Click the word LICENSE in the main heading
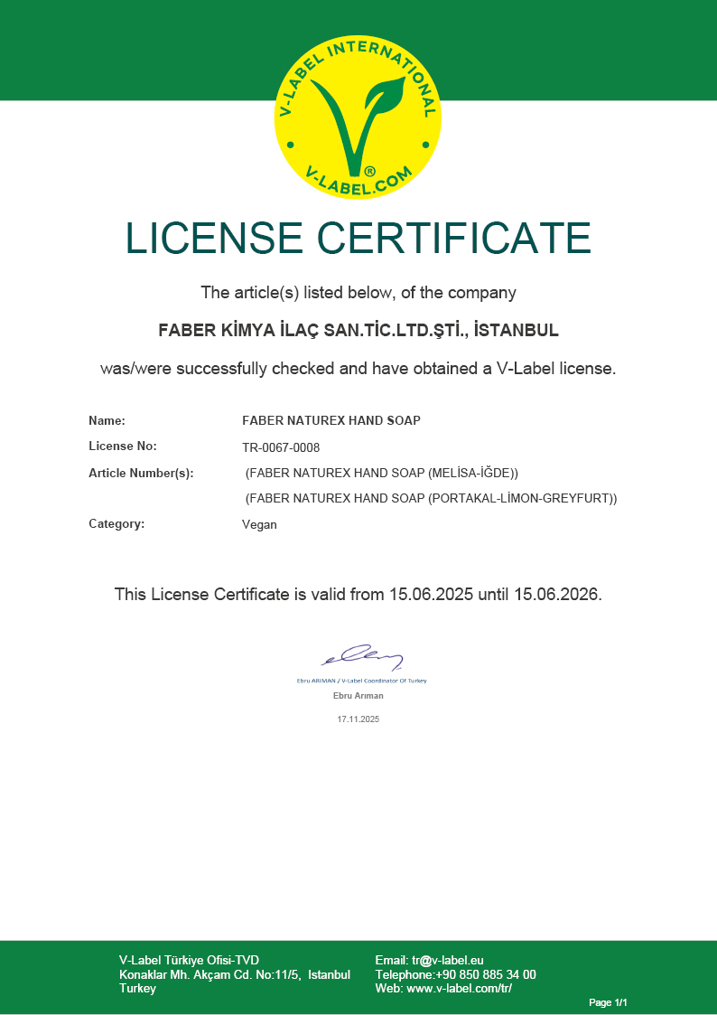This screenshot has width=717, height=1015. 214,238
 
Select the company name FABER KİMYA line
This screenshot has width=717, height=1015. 358,330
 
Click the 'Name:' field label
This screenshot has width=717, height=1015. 107,420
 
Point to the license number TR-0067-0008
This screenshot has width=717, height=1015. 281,447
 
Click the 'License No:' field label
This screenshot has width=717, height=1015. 123,446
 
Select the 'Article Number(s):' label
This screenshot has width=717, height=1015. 141,473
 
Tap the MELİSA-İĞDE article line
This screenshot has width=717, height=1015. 382,473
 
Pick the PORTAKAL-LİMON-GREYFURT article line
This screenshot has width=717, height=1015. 431,498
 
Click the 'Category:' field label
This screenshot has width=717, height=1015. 116,523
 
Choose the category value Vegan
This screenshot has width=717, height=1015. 259,524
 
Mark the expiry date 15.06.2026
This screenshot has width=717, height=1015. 556,595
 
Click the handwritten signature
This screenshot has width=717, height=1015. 361,657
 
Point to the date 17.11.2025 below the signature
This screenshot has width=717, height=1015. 358,719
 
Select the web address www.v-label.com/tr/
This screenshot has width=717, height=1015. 460,989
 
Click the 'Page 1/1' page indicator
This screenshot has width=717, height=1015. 608,1002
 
